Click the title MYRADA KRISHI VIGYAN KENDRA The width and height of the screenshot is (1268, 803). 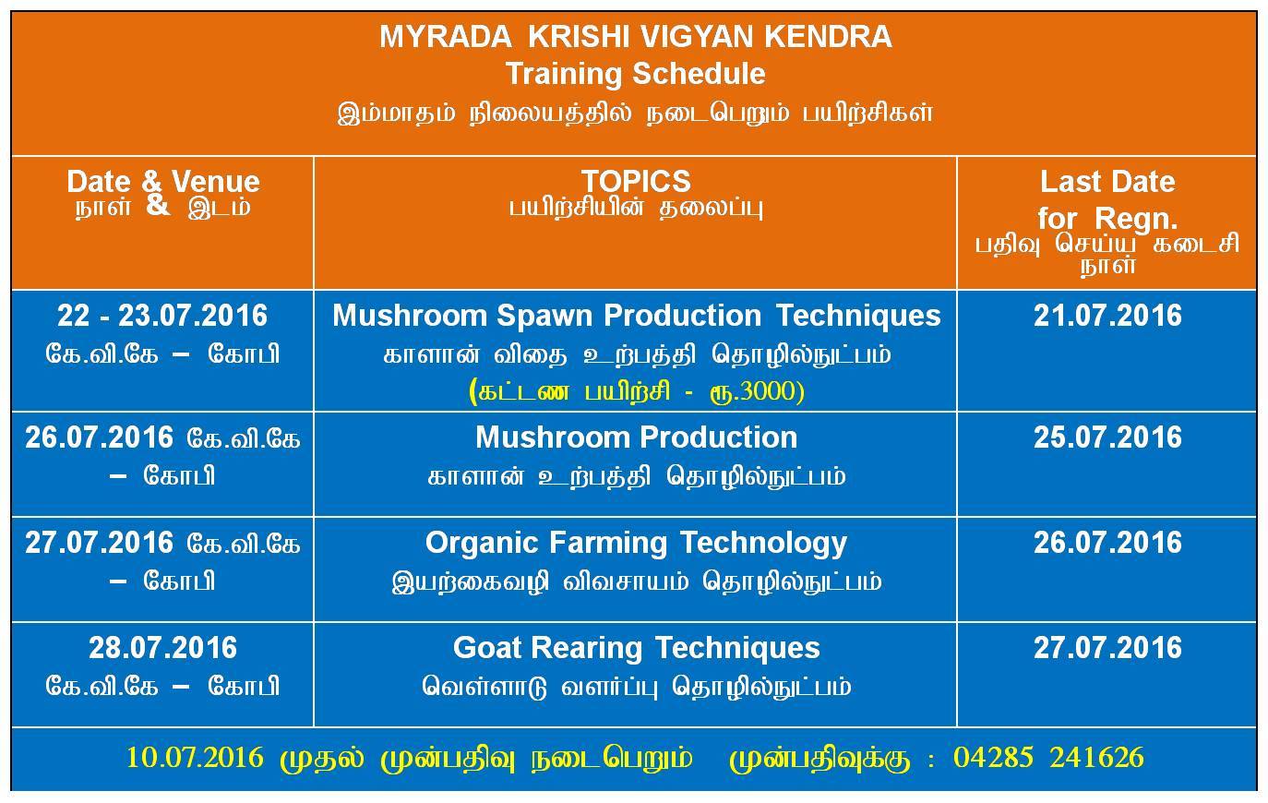[636, 37]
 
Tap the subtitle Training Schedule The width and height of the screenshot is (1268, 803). [635, 74]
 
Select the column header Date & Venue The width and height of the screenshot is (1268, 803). [163, 182]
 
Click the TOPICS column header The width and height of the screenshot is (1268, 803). [636, 181]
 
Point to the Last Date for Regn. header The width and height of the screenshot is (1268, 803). [1107, 200]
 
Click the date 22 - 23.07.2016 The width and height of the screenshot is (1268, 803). [162, 316]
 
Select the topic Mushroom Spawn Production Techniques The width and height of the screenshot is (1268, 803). [636, 316]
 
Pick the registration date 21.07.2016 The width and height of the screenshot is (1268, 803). [1107, 316]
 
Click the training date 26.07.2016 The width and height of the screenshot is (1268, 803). [99, 437]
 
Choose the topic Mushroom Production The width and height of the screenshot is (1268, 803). [636, 437]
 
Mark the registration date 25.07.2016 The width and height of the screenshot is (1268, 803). [1107, 437]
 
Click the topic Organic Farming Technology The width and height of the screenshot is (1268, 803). [636, 544]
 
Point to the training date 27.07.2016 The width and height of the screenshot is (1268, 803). [99, 543]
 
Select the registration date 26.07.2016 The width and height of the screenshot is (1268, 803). [1107, 543]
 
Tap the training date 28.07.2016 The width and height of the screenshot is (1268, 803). [162, 648]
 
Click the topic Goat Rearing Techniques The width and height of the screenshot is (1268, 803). [636, 649]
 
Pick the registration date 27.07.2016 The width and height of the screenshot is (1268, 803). [1107, 648]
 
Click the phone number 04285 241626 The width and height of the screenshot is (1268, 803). [1048, 758]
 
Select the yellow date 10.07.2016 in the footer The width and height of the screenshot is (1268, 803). [195, 758]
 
